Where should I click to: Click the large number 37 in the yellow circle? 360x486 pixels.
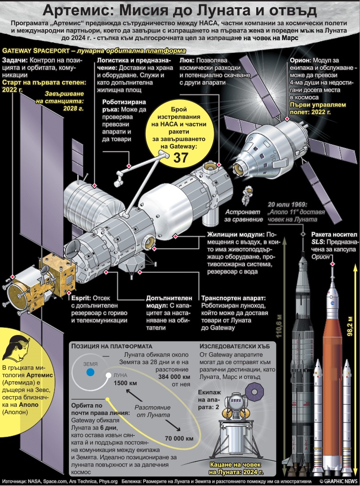180,157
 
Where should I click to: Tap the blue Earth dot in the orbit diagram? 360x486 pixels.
90,372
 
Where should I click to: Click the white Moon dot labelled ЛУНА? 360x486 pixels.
108,375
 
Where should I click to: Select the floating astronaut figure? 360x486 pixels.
247,196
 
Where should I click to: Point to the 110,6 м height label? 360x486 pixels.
279,326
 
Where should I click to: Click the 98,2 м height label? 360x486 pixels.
350,326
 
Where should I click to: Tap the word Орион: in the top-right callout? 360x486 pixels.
300,60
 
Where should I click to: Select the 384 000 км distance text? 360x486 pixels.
174,377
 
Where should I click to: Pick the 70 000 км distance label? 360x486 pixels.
179,438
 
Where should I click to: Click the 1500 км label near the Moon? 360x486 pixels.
125,383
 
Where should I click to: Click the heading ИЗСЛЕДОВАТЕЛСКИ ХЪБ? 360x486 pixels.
234,346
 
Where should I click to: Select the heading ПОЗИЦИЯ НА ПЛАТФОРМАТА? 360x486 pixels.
111,346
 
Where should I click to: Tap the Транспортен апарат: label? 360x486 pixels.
233,298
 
